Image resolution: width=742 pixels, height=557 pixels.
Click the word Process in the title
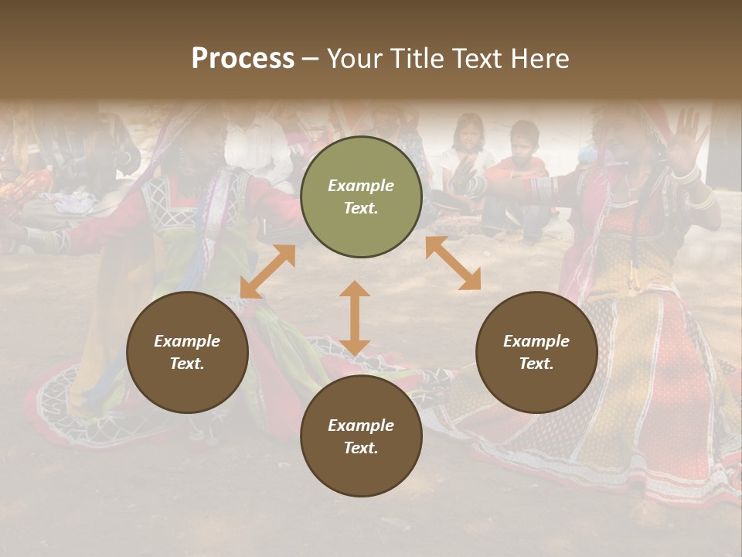coord(243,59)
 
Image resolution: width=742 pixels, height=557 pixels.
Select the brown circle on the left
coord(187,352)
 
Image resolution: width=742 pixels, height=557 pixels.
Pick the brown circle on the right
coord(536,352)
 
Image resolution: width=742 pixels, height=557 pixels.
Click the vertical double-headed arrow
coord(355,318)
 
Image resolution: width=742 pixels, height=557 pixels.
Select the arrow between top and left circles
coord(267,272)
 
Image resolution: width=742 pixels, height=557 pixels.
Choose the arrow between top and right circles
coord(453,263)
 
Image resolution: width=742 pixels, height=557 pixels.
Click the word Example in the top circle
coord(361,186)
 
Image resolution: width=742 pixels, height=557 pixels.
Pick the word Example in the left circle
coord(187,341)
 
